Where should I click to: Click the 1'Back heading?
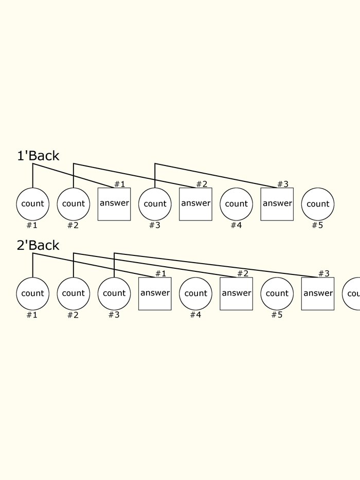click(38, 156)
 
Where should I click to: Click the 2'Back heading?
click(38, 245)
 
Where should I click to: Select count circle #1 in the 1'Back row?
click(33, 204)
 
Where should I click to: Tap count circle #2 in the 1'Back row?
click(74, 204)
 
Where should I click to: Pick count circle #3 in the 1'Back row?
click(155, 204)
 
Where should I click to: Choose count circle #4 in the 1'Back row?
click(237, 204)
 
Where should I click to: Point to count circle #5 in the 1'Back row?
click(318, 204)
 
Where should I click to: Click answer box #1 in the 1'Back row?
click(114, 204)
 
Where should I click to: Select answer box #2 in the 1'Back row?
click(195, 204)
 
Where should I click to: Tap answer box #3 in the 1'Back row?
click(277, 204)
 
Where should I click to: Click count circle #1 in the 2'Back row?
click(33, 293)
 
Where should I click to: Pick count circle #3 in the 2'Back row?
click(114, 293)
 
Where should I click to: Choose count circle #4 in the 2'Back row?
click(195, 293)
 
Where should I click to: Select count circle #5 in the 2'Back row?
click(277, 293)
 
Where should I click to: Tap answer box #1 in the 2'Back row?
click(155, 293)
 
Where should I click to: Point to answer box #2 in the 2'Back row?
click(237, 293)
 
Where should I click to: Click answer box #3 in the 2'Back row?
click(318, 293)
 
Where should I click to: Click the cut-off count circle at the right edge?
click(352, 293)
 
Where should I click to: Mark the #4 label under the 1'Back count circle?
click(236, 225)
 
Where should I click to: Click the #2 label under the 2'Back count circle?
click(73, 315)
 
